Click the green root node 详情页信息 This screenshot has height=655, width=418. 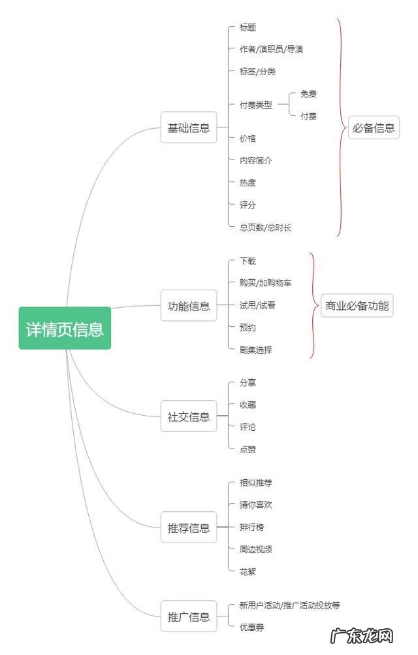pyautogui.click(x=65, y=328)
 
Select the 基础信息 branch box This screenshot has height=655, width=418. pyautogui.click(x=189, y=128)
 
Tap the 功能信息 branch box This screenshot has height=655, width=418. pyautogui.click(x=189, y=306)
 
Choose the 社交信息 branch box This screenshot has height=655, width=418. pyautogui.click(x=189, y=416)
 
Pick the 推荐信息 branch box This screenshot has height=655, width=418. pyautogui.click(x=189, y=528)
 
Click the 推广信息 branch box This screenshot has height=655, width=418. pyautogui.click(x=189, y=616)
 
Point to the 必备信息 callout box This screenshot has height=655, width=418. pyautogui.click(x=374, y=128)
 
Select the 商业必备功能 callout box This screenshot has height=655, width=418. pyautogui.click(x=357, y=305)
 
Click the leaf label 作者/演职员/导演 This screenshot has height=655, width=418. pyautogui.click(x=270, y=50)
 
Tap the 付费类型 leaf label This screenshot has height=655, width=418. pyautogui.click(x=255, y=105)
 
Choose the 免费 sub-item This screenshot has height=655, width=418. pyautogui.click(x=308, y=94)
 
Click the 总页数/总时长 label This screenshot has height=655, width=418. pyautogui.click(x=265, y=227)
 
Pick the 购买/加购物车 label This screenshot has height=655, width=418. pyautogui.click(x=265, y=283)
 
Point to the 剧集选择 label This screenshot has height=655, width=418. pyautogui.click(x=255, y=350)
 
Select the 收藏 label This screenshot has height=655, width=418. pyautogui.click(x=248, y=405)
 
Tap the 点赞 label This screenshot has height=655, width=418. pyautogui.click(x=248, y=449)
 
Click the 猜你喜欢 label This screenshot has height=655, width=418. pyautogui.click(x=255, y=505)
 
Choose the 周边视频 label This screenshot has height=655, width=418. pyautogui.click(x=255, y=549)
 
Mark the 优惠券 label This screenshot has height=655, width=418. pyautogui.click(x=251, y=627)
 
